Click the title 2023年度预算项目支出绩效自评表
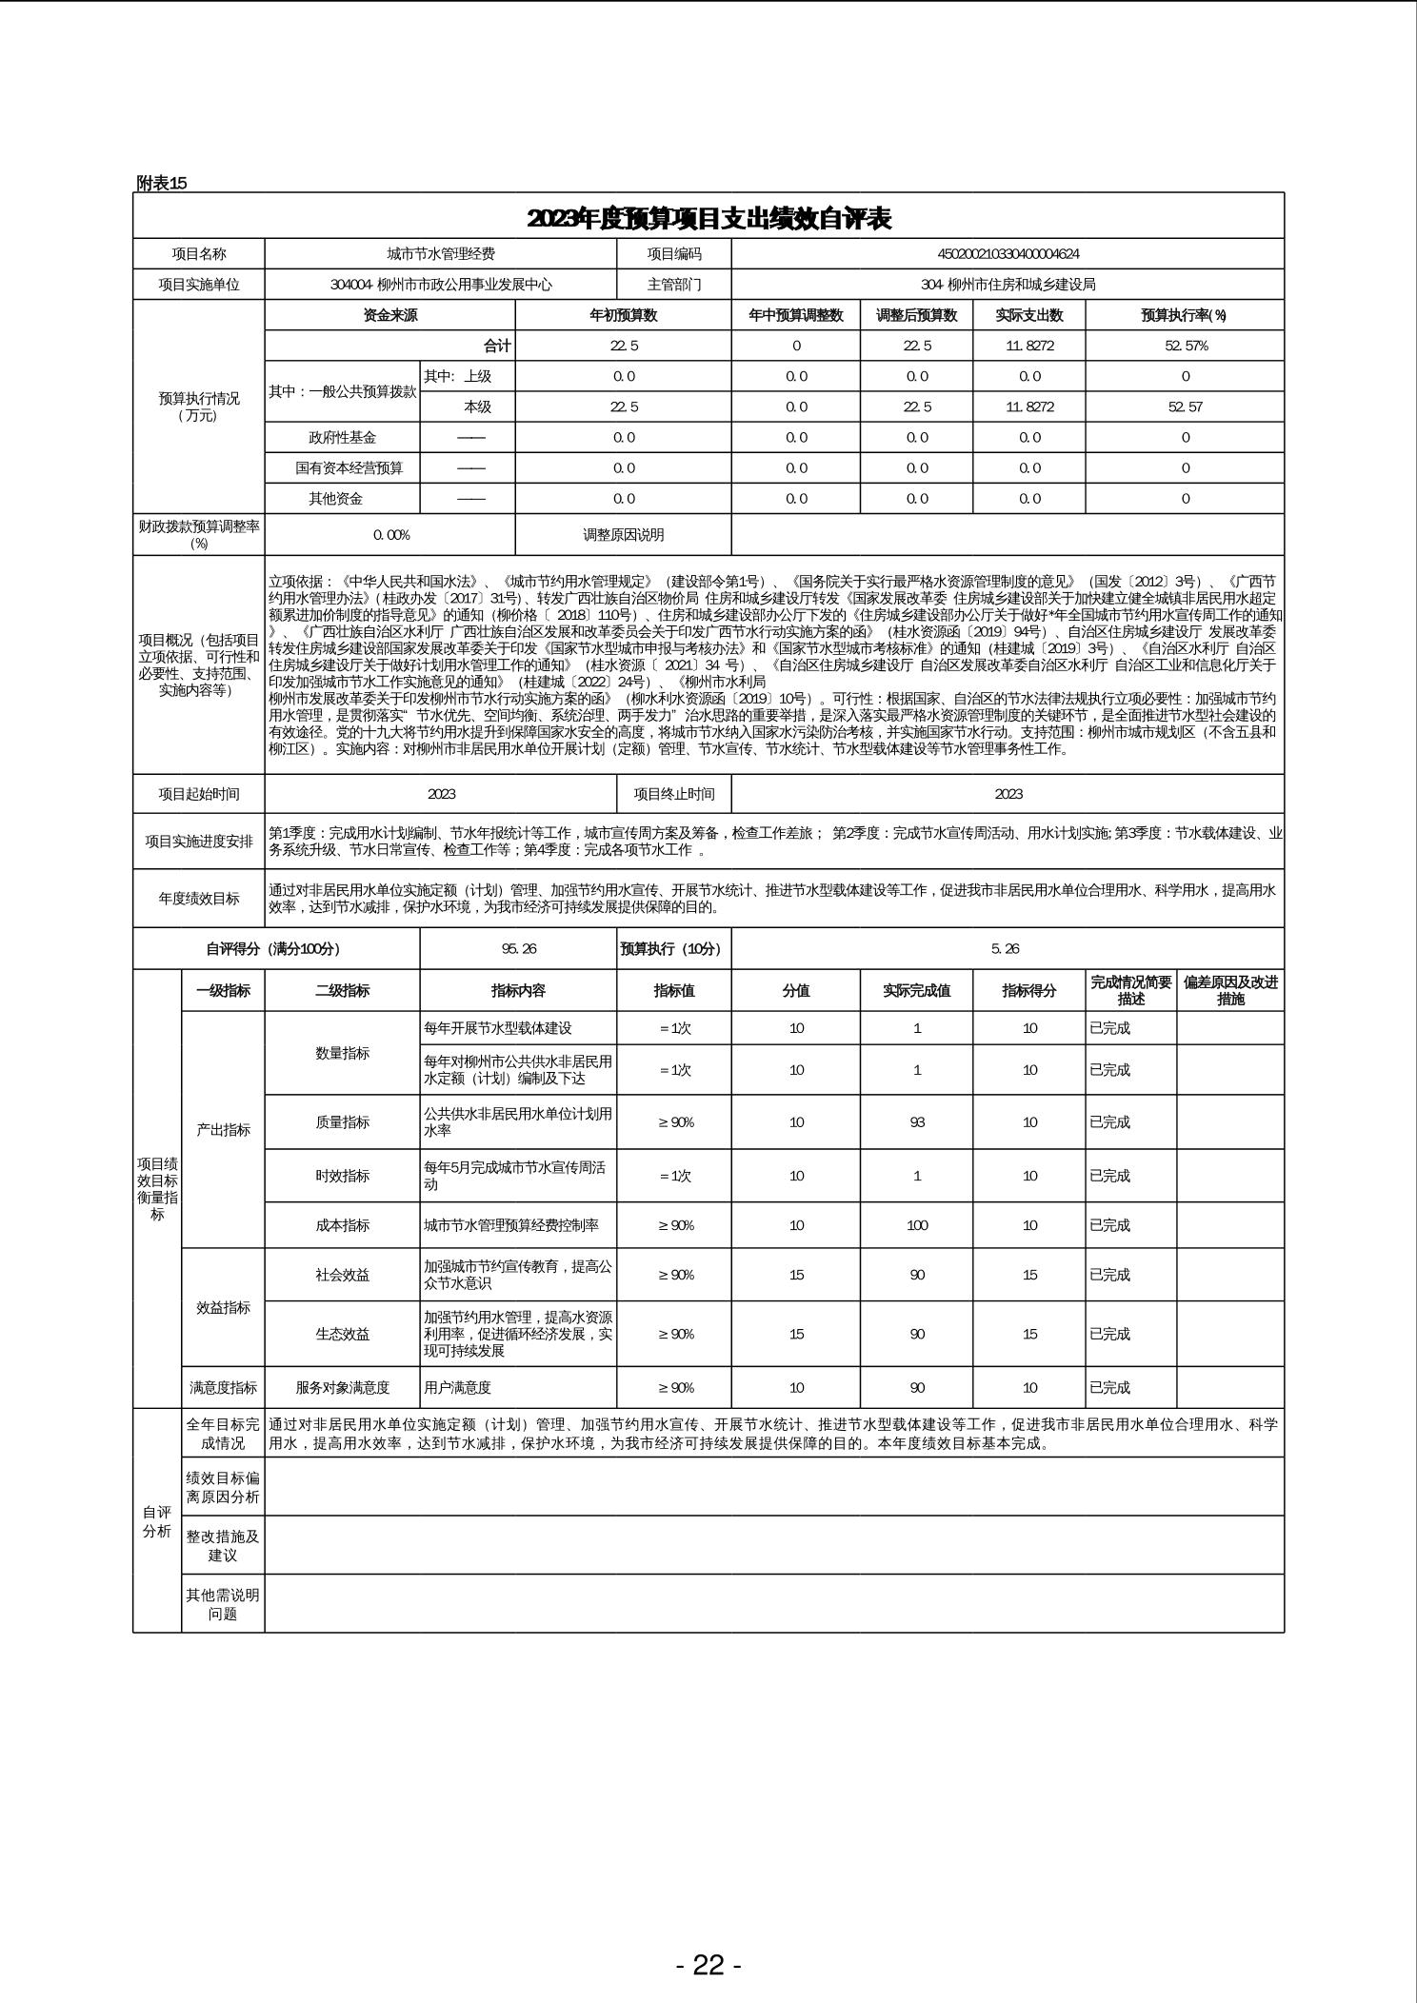pos(708,219)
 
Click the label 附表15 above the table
pos(162,183)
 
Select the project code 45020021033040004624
pos(1008,254)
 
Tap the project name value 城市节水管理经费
pos(441,254)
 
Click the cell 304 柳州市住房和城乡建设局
pos(1008,285)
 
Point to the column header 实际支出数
pos(1028,315)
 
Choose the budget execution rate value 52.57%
pos(1186,346)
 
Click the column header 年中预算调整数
pos(796,315)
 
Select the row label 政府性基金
pos(342,438)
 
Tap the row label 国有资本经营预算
pos(342,468)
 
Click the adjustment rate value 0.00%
pos(390,535)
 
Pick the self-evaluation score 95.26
pos(518,949)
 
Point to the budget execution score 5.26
pos(1008,949)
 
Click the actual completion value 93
pos(917,1122)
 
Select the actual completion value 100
pos(917,1225)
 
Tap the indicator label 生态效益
pos(342,1334)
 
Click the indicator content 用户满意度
pos(458,1388)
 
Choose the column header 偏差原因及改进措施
pos(1230,990)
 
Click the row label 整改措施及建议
pos(223,1545)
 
